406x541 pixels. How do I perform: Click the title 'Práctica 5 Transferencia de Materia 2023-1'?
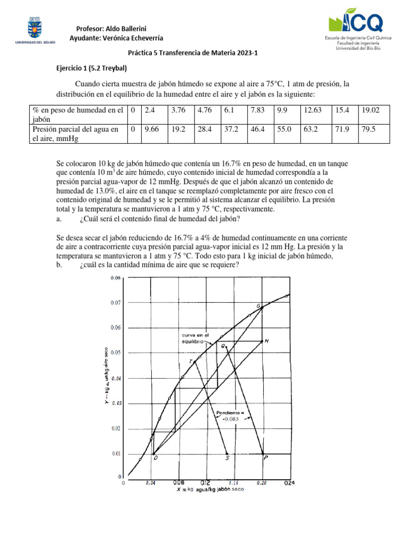(202, 53)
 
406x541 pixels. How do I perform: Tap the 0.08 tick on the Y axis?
(116, 278)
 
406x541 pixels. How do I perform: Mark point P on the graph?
(265, 459)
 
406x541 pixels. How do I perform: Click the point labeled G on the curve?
(259, 306)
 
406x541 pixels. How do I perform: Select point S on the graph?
(227, 459)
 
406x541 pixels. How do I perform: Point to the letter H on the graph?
(267, 341)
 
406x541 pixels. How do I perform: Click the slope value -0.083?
(230, 419)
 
